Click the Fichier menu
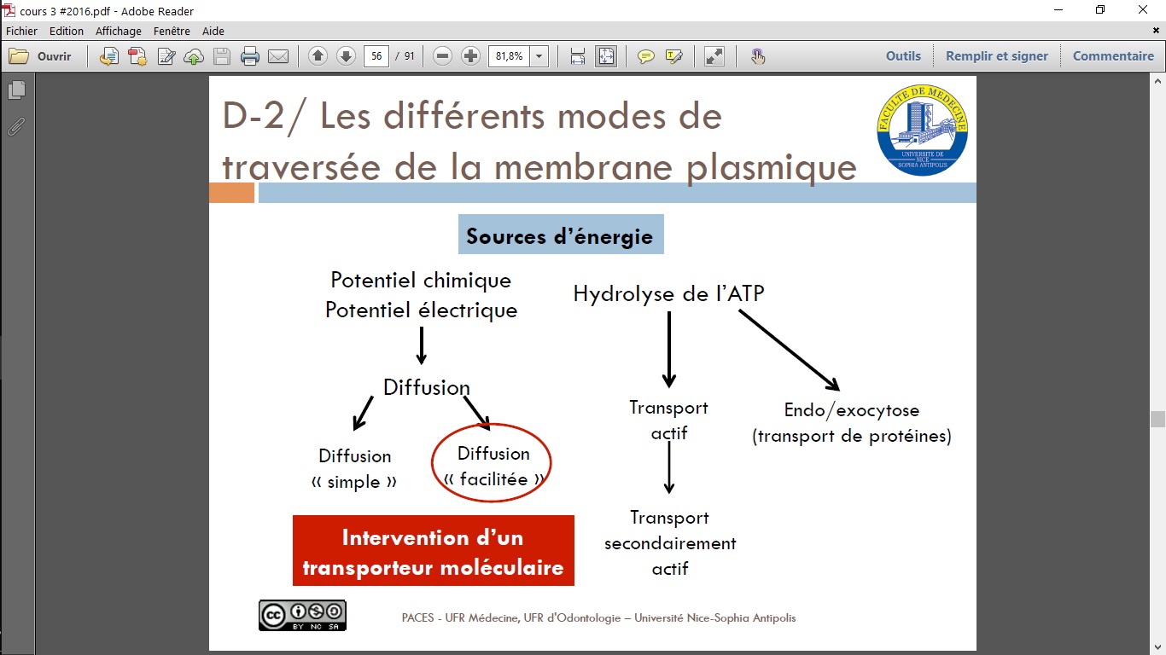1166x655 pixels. coord(21,32)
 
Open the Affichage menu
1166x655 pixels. coord(118,32)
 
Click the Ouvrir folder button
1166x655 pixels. coord(40,56)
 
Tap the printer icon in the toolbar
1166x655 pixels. coord(249,56)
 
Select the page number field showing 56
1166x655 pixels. coord(376,56)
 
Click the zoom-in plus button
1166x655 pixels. coord(470,56)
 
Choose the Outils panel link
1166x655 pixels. coord(903,56)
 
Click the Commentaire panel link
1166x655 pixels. coord(1113,56)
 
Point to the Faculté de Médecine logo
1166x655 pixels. coord(922,130)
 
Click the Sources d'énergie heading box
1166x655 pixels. coord(561,235)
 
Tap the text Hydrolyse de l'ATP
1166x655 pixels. coord(668,293)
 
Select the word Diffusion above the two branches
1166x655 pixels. coord(426,387)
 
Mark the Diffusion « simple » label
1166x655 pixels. coord(354,469)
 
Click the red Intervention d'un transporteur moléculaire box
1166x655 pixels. coord(433,550)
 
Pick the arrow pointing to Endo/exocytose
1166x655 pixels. coord(789,351)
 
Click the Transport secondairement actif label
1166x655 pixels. coord(670,542)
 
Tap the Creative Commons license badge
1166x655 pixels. coord(302,616)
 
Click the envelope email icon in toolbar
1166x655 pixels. coord(278,56)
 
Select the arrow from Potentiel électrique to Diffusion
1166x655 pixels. coord(421,345)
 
